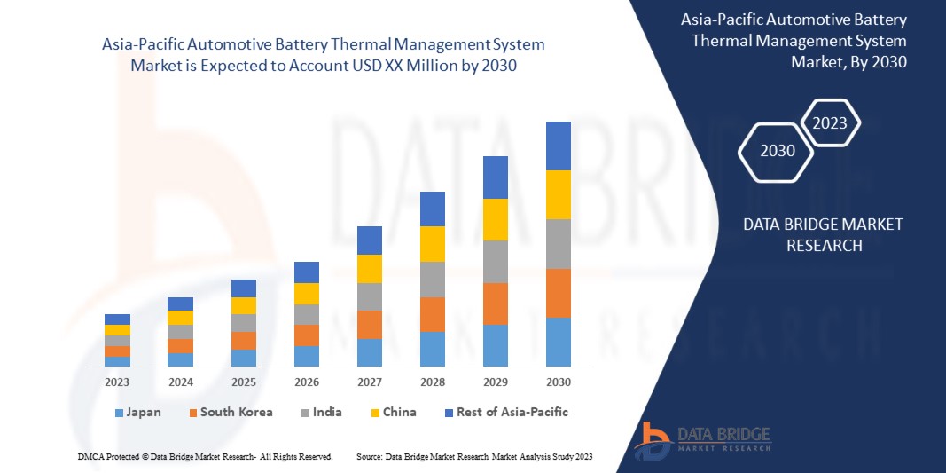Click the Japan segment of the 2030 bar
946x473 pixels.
(x=559, y=342)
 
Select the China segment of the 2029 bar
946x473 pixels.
(x=495, y=219)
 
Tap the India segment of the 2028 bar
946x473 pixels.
(x=432, y=279)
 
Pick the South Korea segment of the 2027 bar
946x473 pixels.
(x=369, y=325)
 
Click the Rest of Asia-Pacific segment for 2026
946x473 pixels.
(x=306, y=272)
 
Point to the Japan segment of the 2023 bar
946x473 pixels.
(x=117, y=361)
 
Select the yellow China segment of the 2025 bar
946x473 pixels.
(x=243, y=305)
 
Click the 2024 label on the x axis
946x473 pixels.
(x=180, y=382)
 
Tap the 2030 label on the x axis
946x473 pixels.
(x=559, y=382)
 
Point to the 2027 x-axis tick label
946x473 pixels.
(x=369, y=382)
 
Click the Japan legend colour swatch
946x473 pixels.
(x=119, y=413)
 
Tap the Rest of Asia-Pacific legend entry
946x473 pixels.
(x=505, y=413)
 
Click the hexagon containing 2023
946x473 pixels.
(x=830, y=123)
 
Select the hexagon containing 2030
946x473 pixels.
(x=778, y=151)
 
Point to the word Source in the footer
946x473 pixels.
(x=369, y=456)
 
